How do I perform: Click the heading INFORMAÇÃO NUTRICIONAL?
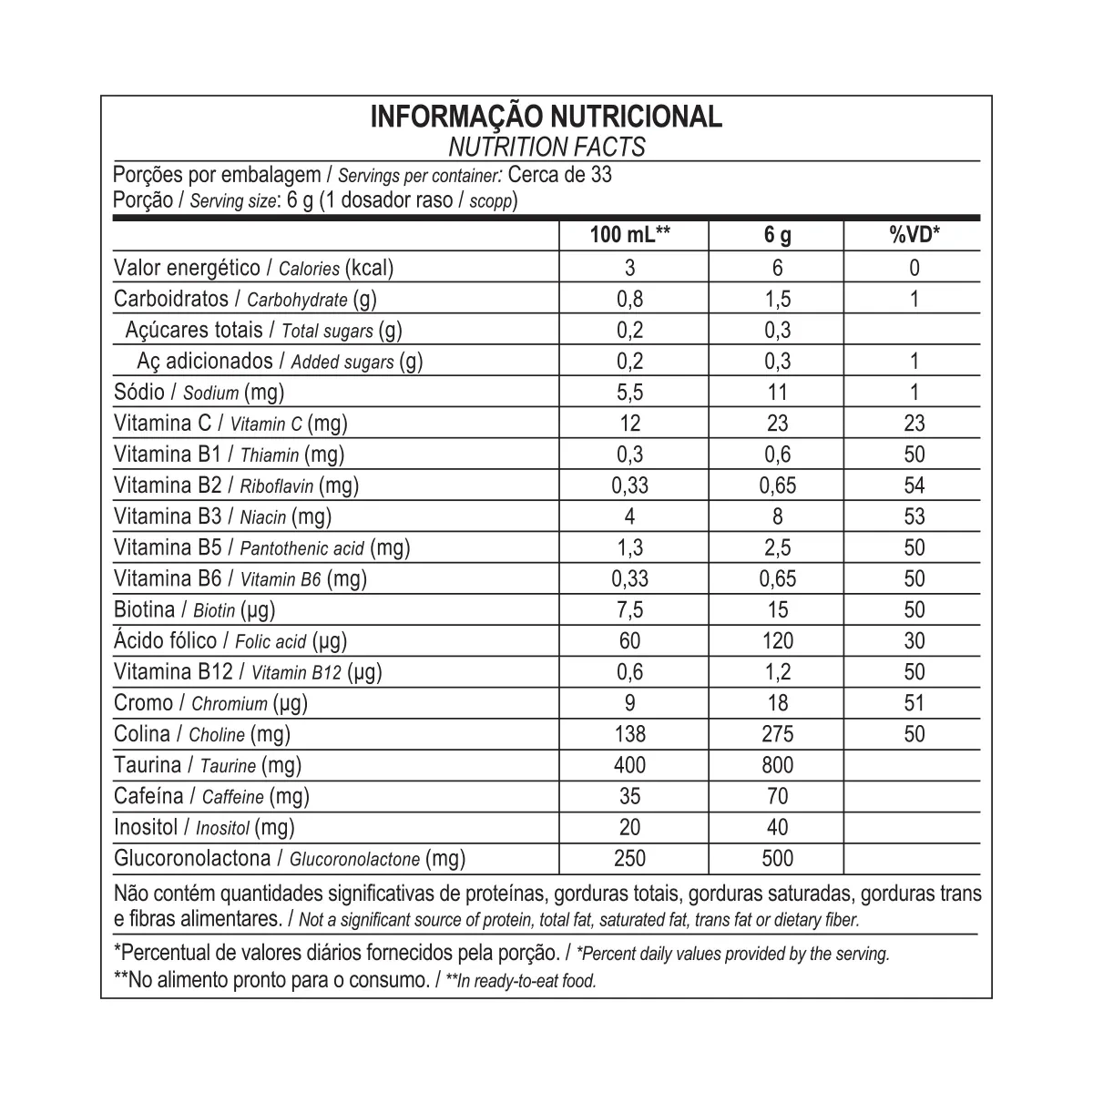(546, 117)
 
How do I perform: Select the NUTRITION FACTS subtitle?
(546, 147)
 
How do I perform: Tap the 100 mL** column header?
(630, 236)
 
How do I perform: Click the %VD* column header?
(914, 236)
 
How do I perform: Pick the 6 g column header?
(777, 236)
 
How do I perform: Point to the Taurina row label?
(208, 765)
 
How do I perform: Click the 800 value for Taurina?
(777, 765)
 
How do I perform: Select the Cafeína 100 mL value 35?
(630, 796)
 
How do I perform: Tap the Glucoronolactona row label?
(290, 858)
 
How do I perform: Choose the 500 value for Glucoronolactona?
(777, 858)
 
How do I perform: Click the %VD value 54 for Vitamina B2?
(914, 485)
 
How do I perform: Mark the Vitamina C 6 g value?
(777, 424)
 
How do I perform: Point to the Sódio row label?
(199, 393)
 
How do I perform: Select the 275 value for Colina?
(777, 734)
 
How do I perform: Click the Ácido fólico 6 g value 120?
(777, 640)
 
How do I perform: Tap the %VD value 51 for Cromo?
(914, 702)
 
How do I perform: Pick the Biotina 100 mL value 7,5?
(630, 609)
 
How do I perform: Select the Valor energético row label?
(253, 268)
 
